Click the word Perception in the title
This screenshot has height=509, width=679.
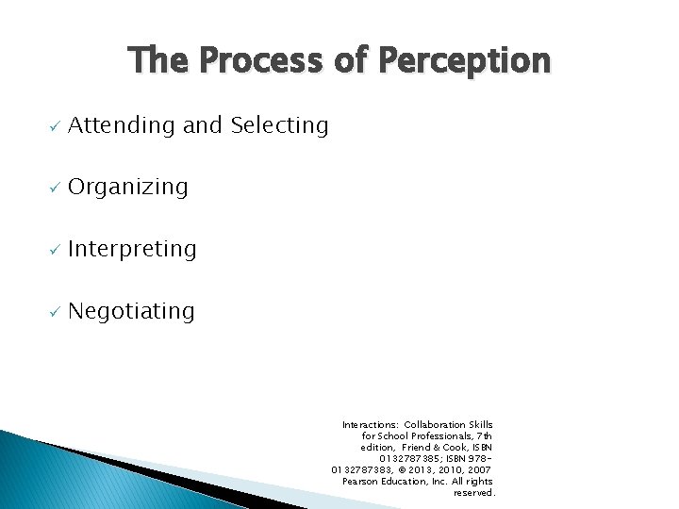click(465, 61)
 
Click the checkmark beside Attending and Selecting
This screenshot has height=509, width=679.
click(55, 126)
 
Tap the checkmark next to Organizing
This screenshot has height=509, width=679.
click(55, 189)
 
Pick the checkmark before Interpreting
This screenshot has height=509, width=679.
click(55, 251)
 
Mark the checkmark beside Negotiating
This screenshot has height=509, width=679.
click(55, 313)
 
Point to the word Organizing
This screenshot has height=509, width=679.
click(128, 188)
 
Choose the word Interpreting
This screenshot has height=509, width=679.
click(132, 250)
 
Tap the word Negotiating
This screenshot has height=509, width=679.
click(131, 312)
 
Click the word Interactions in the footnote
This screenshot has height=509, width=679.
click(371, 425)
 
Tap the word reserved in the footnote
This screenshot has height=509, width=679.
click(473, 493)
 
